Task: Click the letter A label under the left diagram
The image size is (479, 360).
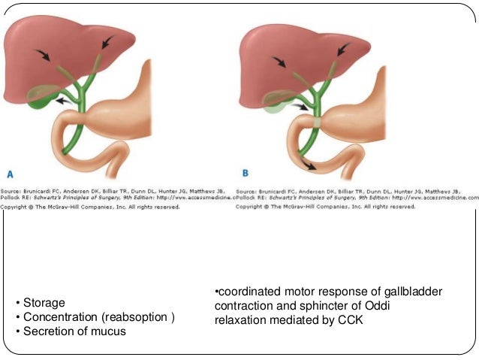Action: coord(11,172)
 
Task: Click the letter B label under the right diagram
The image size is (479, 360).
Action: coord(246,172)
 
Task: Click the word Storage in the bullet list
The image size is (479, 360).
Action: coord(44,303)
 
